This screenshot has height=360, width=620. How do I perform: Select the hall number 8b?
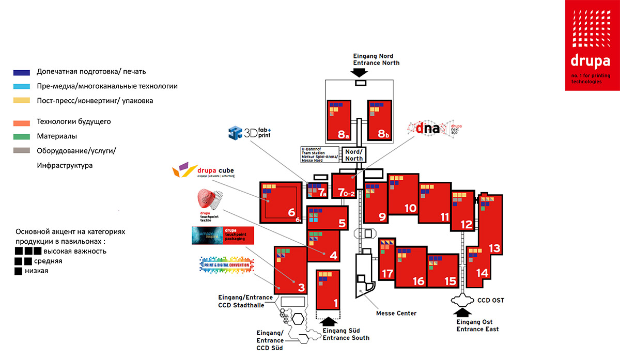[x=382, y=134]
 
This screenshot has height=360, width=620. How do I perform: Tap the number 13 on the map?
[x=494, y=248]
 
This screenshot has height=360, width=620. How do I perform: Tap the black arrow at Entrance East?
[x=461, y=312]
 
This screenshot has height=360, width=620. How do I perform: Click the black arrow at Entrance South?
[x=329, y=320]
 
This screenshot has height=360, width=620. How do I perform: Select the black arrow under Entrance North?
[x=359, y=73]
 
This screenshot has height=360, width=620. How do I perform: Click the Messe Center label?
[x=396, y=313]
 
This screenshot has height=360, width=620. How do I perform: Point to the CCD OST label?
[x=490, y=301]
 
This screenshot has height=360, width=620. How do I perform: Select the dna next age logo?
[x=435, y=128]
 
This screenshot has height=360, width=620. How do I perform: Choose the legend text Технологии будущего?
[x=74, y=122]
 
